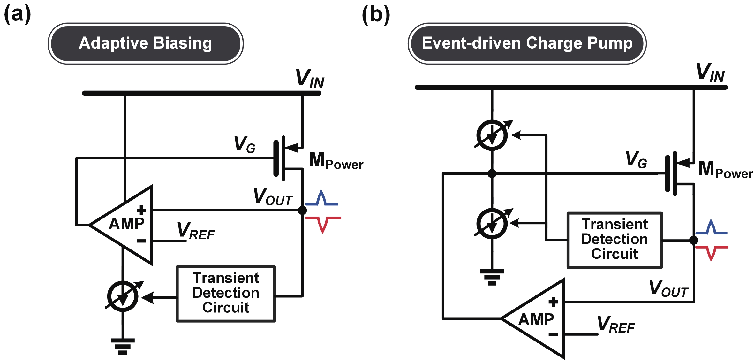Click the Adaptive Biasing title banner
click(146, 43)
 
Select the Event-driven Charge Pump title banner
click(527, 43)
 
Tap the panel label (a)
click(17, 15)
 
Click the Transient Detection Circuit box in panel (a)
click(226, 294)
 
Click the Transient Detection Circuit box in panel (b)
click(615, 240)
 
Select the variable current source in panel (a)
click(123, 296)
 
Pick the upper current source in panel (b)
click(492, 135)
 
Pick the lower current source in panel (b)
click(492, 224)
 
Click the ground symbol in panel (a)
click(123, 346)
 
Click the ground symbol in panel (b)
click(492, 277)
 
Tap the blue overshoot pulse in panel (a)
click(322, 198)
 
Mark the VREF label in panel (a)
click(196, 231)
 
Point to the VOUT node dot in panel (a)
click(302, 210)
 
